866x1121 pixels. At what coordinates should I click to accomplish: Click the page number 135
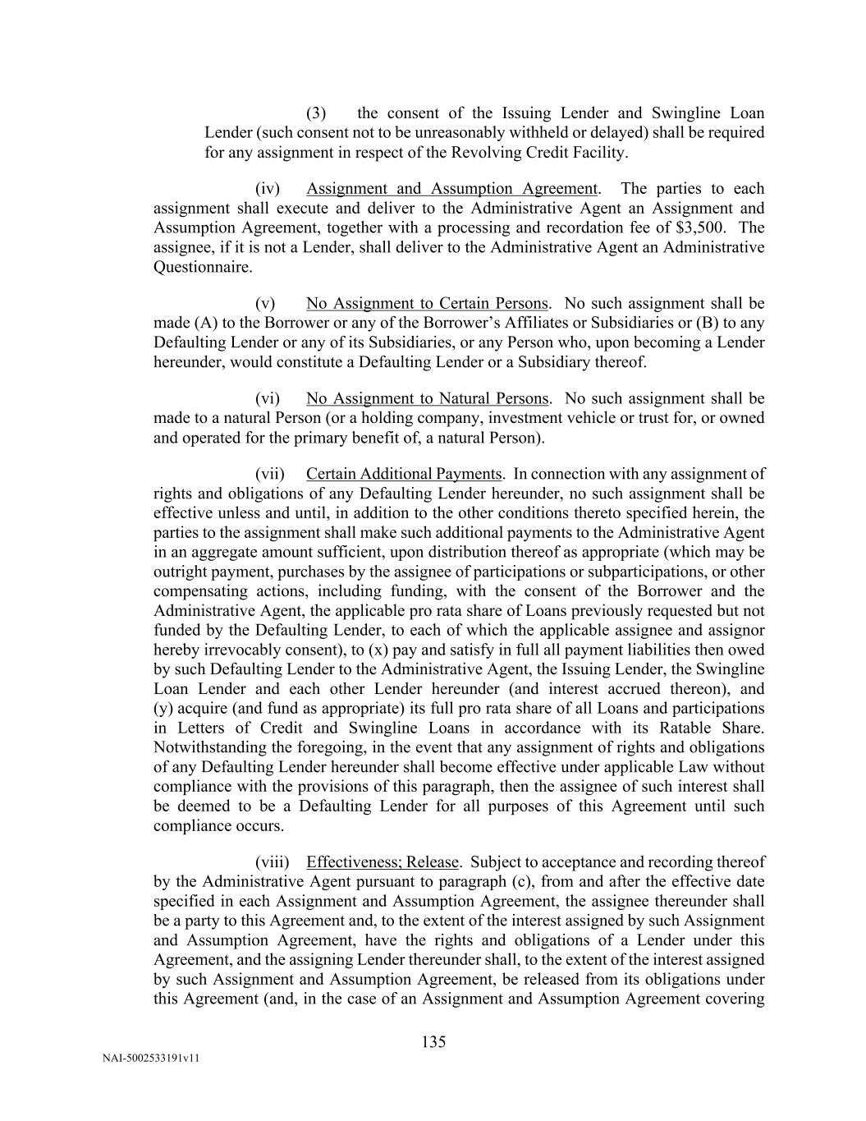(x=433, y=1042)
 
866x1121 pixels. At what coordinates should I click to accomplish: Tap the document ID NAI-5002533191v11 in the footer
(x=151, y=1059)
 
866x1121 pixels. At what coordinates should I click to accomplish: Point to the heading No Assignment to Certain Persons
(x=427, y=303)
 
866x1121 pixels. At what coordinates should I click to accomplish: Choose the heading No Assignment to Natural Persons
(x=427, y=398)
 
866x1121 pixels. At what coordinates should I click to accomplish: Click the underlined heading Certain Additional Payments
(x=403, y=474)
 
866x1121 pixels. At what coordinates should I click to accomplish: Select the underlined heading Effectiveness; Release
(x=383, y=861)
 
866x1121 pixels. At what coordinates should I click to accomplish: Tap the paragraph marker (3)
(x=316, y=113)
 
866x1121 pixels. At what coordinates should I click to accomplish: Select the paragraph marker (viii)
(x=273, y=861)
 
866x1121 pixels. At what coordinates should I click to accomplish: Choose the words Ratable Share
(x=722, y=728)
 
